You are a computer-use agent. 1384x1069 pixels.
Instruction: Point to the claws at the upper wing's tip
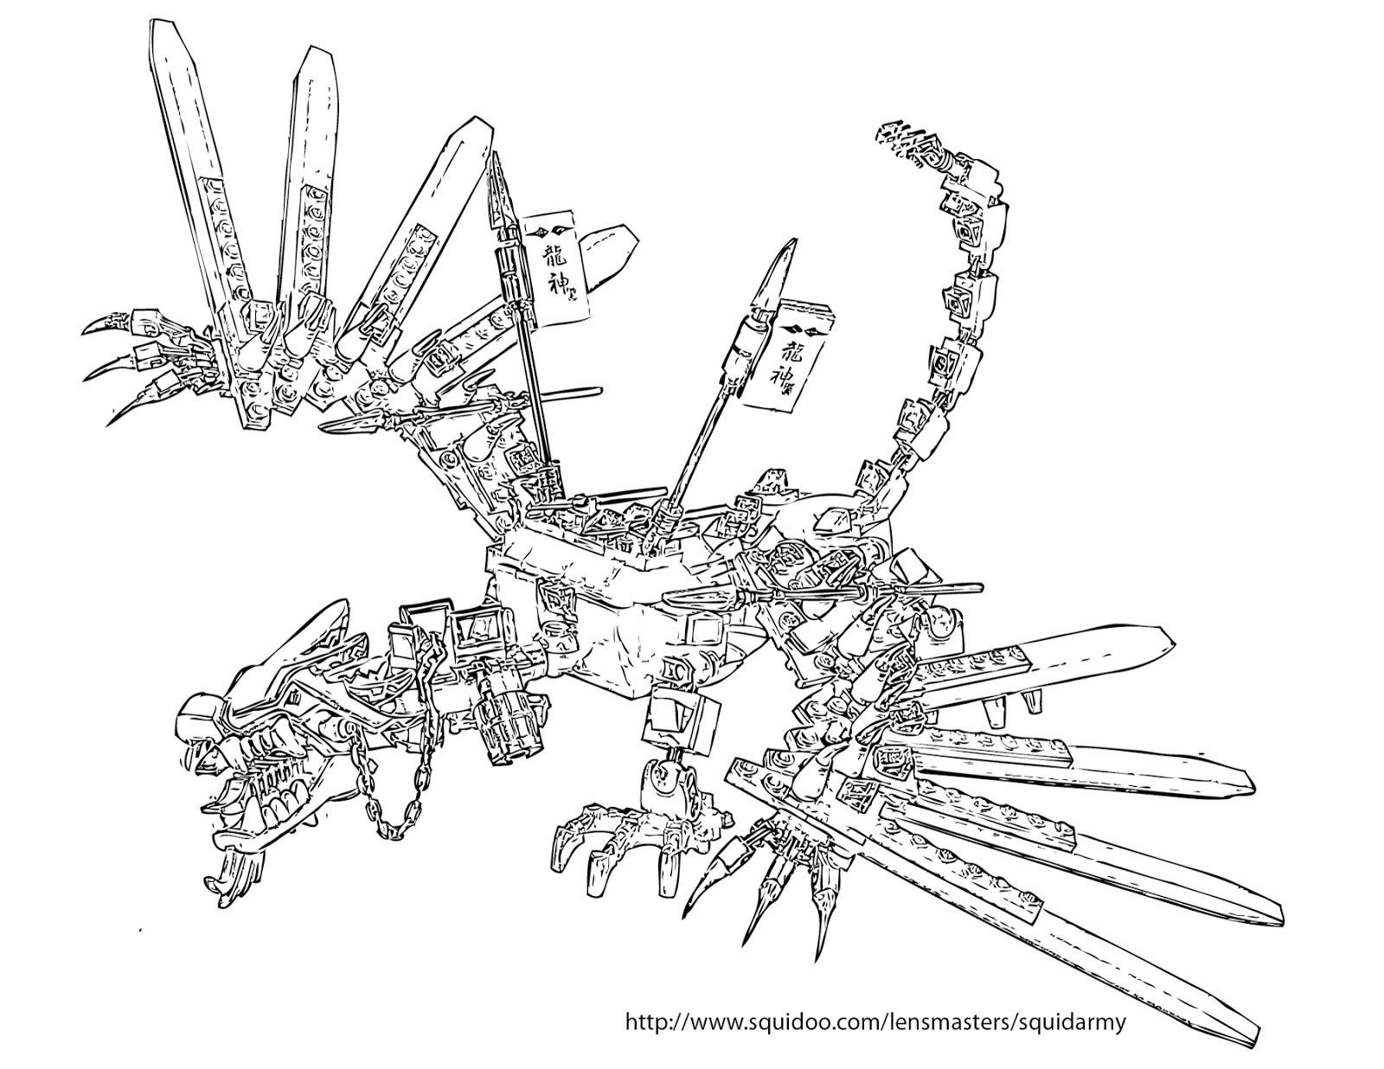point(130,363)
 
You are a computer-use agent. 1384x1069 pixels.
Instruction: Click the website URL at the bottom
point(875,1021)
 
